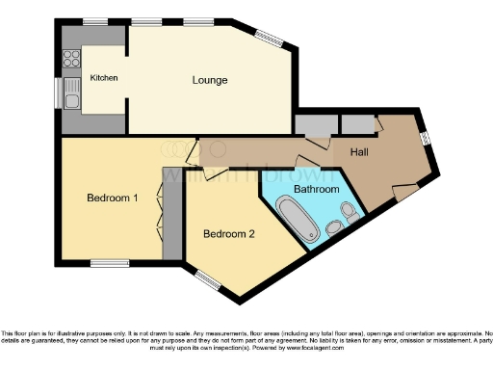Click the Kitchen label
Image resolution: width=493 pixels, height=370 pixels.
[104, 78]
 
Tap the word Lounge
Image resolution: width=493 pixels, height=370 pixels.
[209, 79]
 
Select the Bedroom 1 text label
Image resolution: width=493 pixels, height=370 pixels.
[113, 198]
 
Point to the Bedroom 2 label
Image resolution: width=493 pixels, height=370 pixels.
[228, 233]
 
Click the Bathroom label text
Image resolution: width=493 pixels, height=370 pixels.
[317, 190]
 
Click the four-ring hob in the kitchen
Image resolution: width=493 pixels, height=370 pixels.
[71, 58]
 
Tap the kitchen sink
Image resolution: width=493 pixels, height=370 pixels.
[71, 93]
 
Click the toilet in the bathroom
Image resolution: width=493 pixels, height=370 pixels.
[333, 227]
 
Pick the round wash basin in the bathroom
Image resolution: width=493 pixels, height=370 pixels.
[352, 210]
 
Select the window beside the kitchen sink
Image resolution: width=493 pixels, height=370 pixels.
[58, 93]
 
